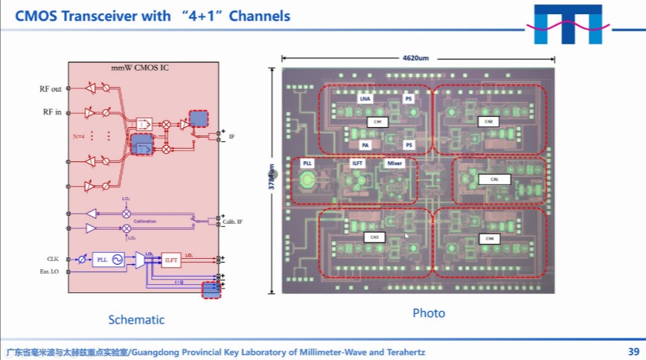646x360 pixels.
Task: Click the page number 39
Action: pos(633,351)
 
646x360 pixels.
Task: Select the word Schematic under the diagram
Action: pos(136,320)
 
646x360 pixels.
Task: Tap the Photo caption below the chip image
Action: pos(429,313)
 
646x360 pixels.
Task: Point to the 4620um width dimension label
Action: pos(416,58)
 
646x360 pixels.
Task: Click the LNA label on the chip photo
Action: pos(365,98)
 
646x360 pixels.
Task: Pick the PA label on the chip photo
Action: pos(365,145)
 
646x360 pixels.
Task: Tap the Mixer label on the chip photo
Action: pos(395,163)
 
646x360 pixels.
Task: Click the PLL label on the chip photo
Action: pos(307,162)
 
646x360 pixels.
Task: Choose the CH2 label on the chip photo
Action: pos(488,120)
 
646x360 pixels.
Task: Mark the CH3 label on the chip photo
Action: pos(375,237)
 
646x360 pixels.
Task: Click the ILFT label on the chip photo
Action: pos(357,163)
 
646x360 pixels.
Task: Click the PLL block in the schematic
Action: pos(103,260)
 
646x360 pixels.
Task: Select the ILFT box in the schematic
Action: pos(171,260)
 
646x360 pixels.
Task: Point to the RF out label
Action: pos(51,89)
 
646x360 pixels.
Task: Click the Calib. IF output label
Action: pos(232,222)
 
